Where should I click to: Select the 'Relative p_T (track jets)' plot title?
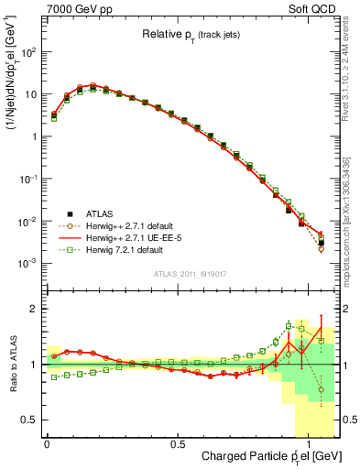point(192,35)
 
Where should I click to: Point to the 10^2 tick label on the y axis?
point(27,52)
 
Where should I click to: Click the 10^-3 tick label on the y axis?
point(27,264)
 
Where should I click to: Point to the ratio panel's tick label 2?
point(34,310)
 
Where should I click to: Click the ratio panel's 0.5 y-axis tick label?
point(29,420)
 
